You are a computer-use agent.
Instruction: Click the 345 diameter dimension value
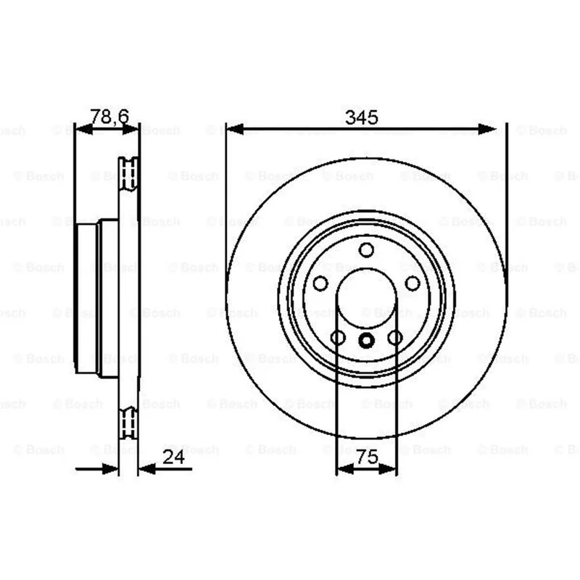(x=361, y=117)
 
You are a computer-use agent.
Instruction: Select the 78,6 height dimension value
(x=109, y=117)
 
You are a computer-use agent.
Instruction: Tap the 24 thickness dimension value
(x=173, y=457)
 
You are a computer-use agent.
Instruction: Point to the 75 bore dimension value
(x=367, y=457)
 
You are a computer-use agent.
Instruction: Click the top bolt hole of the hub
(x=366, y=250)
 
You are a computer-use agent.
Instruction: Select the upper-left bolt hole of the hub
(x=320, y=283)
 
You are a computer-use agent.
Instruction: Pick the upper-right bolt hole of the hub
(x=413, y=283)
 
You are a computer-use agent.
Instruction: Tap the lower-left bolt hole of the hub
(x=338, y=338)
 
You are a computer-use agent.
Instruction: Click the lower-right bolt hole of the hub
(x=395, y=338)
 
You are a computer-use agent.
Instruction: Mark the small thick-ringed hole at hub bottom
(x=366, y=340)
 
